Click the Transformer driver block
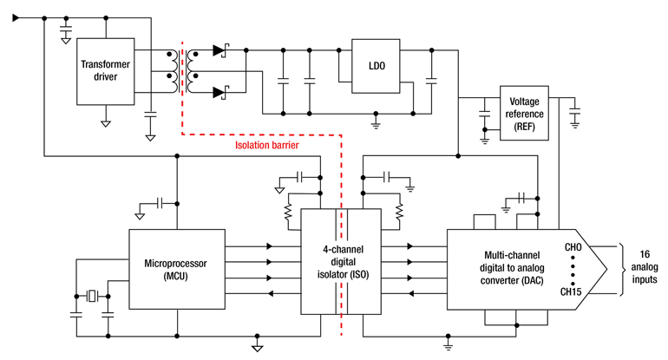pyautogui.click(x=106, y=72)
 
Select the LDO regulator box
pyautogui.click(x=374, y=66)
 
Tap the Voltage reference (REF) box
pyautogui.click(x=524, y=114)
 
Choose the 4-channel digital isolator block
pyautogui.click(x=340, y=261)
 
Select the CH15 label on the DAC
pyautogui.click(x=571, y=291)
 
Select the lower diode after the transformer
pyautogui.click(x=218, y=90)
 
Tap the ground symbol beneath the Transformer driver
pyautogui.click(x=106, y=121)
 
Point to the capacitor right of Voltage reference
pyautogui.click(x=575, y=111)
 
